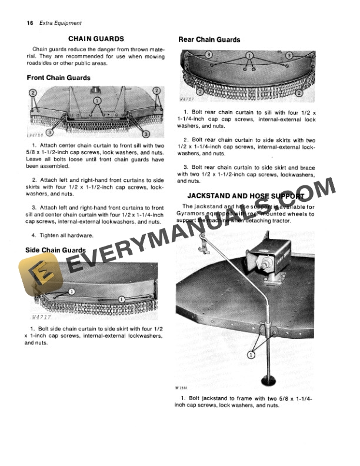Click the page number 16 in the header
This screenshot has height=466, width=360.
(30, 23)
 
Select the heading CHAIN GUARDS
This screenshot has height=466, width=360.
(96, 38)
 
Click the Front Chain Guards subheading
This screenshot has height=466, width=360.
(59, 78)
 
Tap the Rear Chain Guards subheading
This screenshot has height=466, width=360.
(209, 39)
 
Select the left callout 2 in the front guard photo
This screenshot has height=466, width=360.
(33, 92)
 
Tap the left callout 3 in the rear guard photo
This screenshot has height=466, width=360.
(209, 54)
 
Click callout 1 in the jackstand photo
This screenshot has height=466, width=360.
(251, 355)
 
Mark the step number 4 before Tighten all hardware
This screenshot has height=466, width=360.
(34, 235)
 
